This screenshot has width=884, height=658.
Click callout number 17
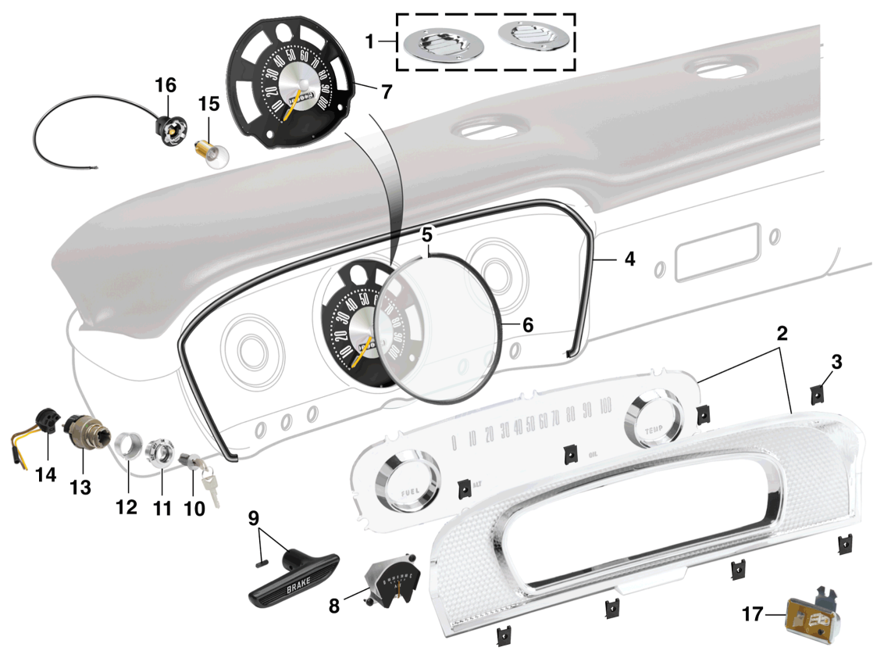(751, 615)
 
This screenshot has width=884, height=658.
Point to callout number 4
(629, 258)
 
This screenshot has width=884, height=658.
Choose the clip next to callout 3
(817, 392)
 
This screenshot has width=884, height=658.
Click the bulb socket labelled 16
(169, 127)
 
